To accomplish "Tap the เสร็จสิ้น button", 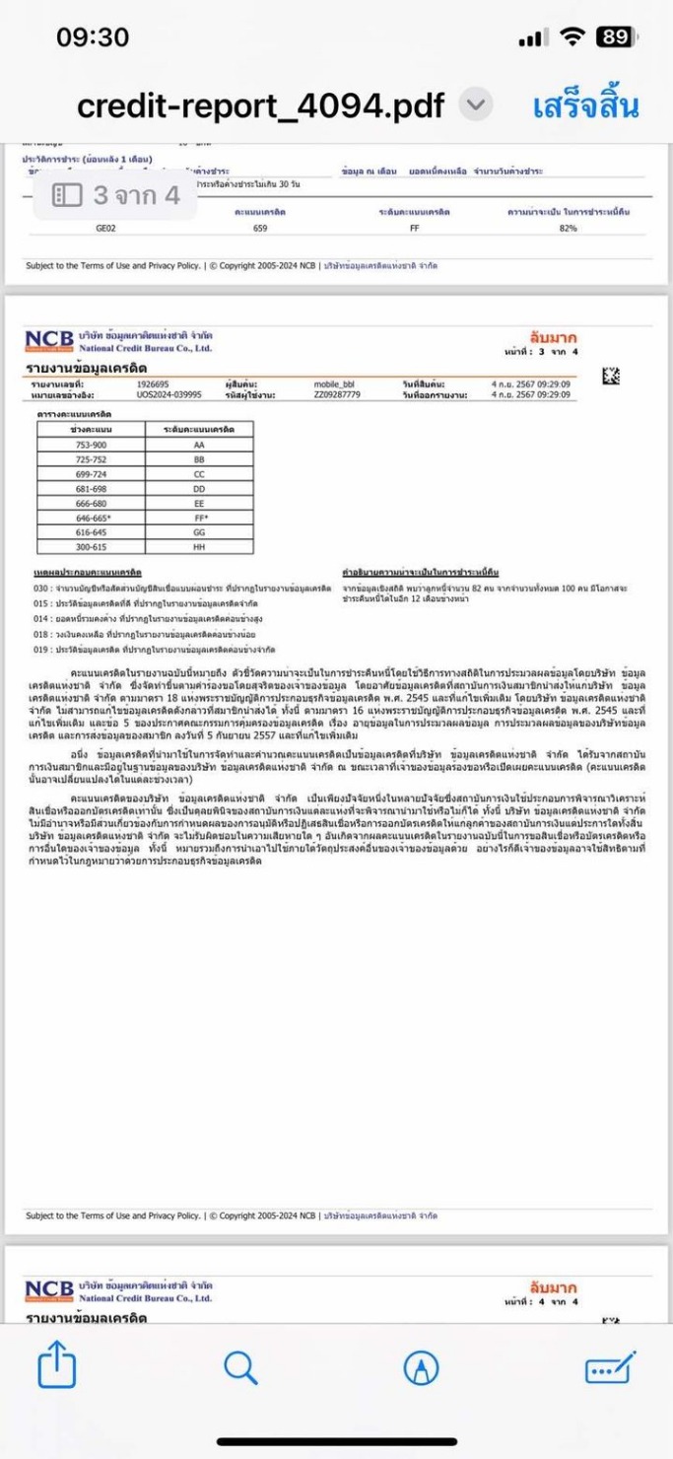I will click(586, 104).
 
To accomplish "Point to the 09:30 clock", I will click(93, 37).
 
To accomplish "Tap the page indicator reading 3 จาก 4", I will click(116, 195).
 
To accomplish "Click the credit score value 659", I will click(260, 228).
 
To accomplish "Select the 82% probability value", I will click(568, 228).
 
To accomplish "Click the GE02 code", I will click(106, 228).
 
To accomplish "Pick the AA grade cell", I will click(199, 446).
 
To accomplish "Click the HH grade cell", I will click(199, 546).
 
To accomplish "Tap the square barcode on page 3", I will click(611, 375).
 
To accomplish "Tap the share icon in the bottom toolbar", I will click(57, 1368).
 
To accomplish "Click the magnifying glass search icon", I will click(240, 1367).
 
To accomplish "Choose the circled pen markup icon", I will click(422, 1367).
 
